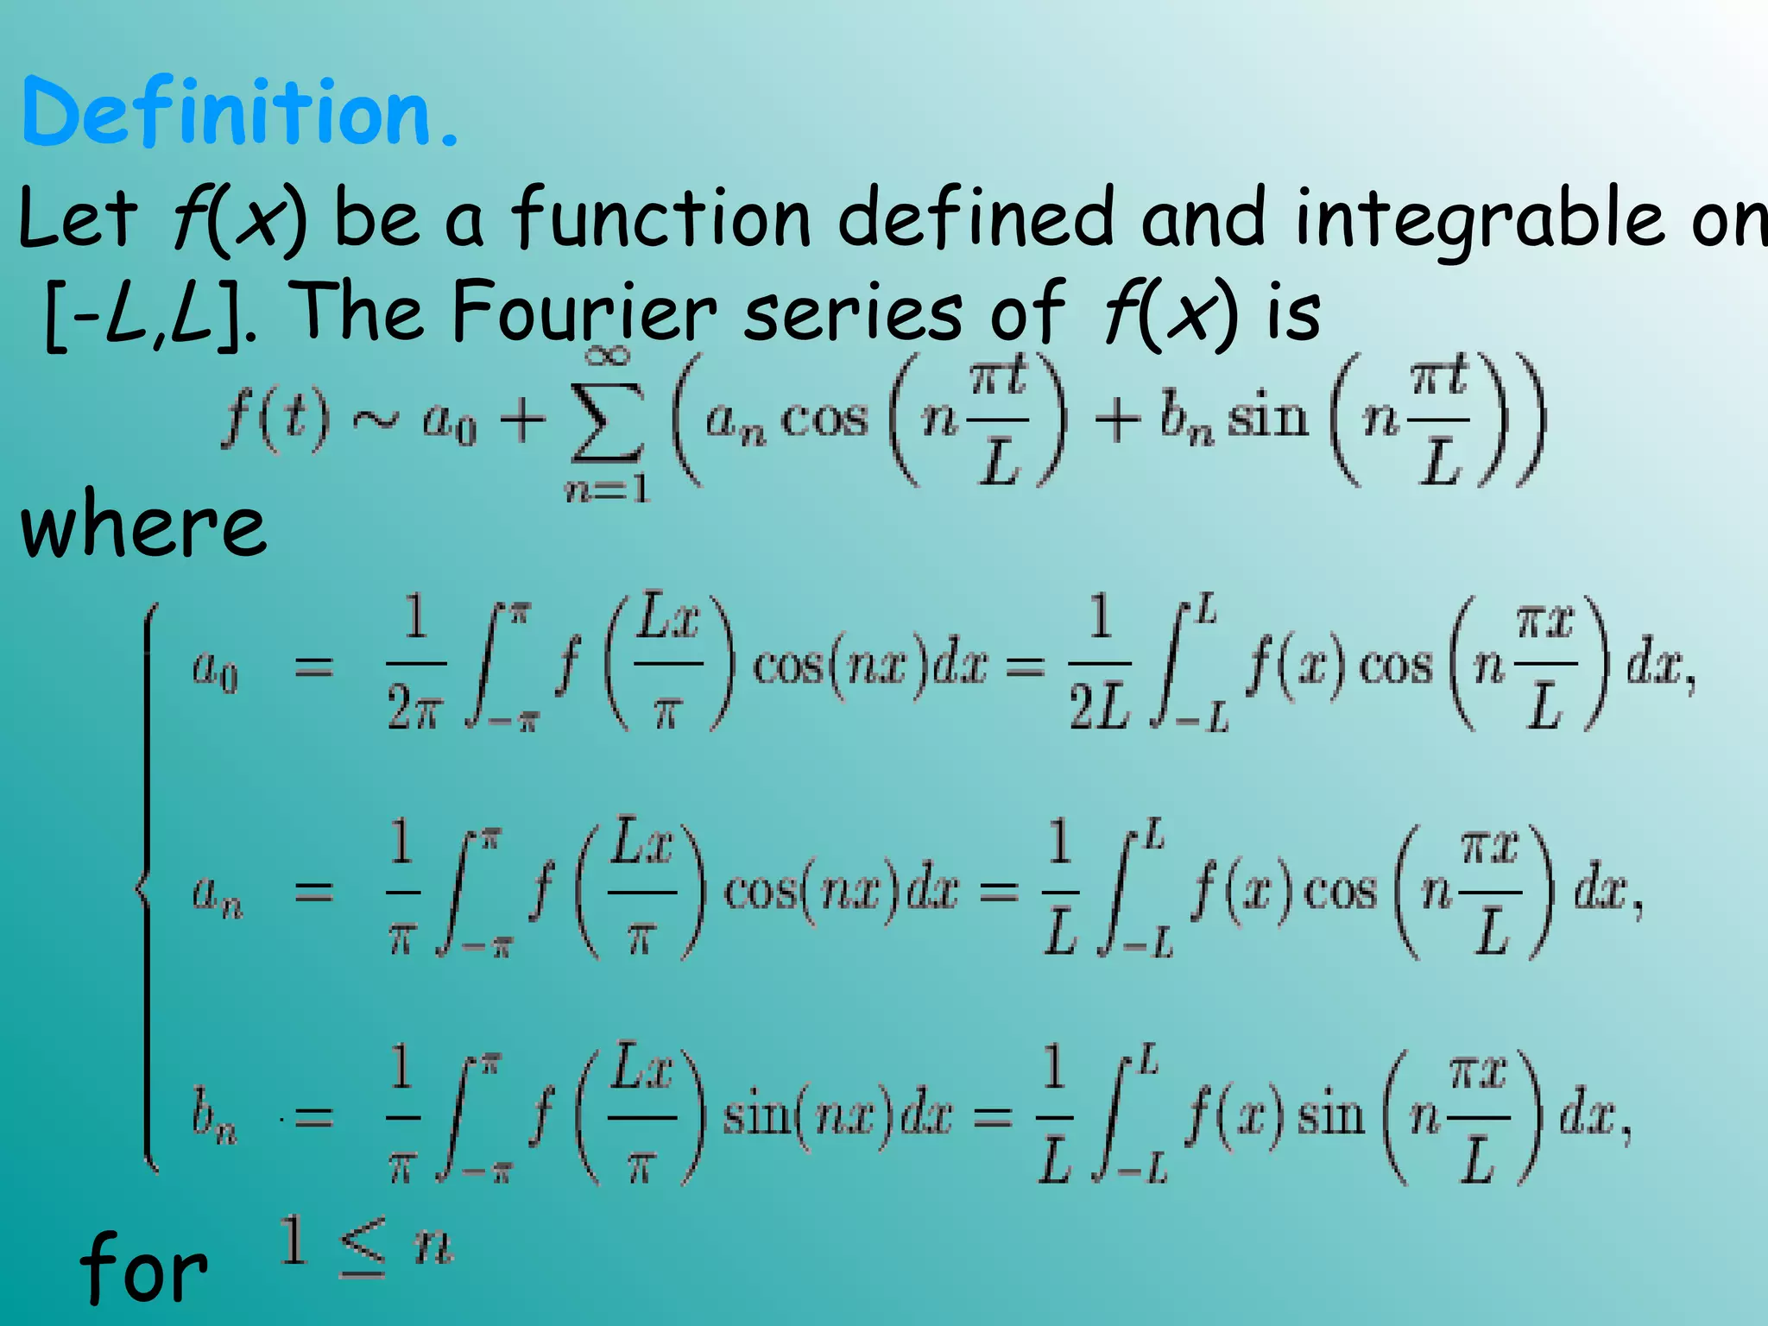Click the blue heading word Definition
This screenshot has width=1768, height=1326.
pyautogui.click(x=237, y=112)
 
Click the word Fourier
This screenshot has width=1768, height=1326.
pyautogui.click(x=584, y=313)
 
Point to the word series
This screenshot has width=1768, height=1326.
pyautogui.click(x=852, y=313)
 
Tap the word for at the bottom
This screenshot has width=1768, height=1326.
pyautogui.click(x=143, y=1269)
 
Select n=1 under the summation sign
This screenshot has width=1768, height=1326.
pyautogui.click(x=607, y=490)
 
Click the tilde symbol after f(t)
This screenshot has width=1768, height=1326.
pyautogui.click(x=376, y=420)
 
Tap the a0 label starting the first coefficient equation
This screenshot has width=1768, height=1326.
pyautogui.click(x=215, y=669)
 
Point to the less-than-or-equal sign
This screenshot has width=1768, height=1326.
pyautogui.click(x=363, y=1247)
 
